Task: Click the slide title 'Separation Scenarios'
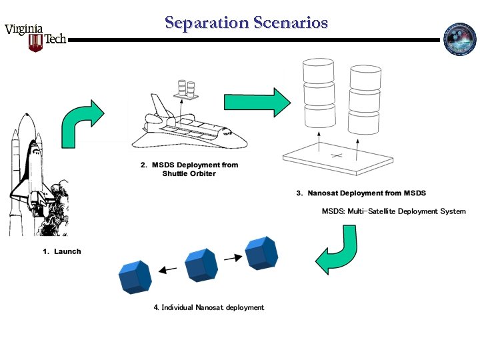[246, 23]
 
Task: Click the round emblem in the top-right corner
[460, 39]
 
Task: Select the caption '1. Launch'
[62, 251]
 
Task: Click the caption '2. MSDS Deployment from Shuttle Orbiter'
[189, 169]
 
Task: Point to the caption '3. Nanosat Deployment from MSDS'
[361, 193]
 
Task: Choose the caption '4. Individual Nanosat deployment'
[209, 307]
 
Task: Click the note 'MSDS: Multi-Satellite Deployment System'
[393, 211]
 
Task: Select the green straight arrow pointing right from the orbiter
[257, 102]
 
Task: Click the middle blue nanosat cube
[201, 264]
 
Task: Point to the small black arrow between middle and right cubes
[231, 257]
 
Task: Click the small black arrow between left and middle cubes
[167, 269]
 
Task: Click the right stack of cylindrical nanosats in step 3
[364, 97]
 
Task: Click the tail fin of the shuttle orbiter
[158, 106]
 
